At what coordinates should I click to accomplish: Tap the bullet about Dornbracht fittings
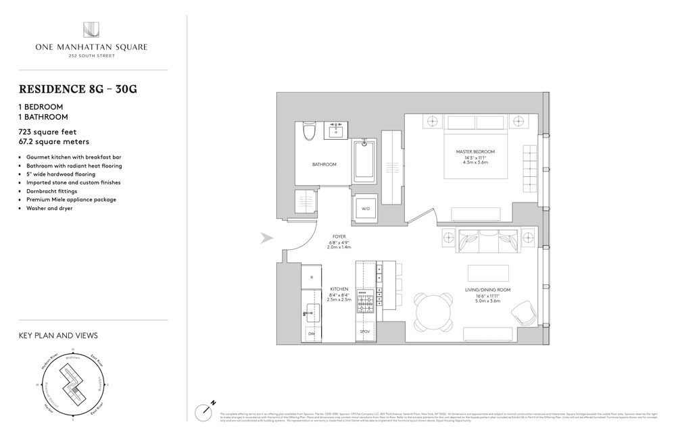pos(52,191)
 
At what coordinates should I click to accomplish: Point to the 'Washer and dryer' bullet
pos(51,208)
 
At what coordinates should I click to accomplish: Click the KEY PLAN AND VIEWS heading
pos(57,335)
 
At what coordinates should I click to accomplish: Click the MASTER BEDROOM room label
pos(476,151)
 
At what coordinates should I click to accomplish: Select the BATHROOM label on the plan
pos(324,164)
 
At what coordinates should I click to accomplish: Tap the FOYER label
pos(339,237)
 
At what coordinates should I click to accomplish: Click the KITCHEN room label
pos(339,288)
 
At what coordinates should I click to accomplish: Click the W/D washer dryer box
pos(366,209)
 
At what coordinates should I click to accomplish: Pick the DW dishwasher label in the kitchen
pos(311,334)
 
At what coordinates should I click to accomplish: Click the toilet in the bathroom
pos(309,130)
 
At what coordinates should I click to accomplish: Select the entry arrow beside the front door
pos(266,238)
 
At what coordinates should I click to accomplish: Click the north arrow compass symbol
pos(206,410)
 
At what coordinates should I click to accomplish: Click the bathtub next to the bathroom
pos(366,165)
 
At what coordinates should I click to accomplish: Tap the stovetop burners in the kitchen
pos(366,302)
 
